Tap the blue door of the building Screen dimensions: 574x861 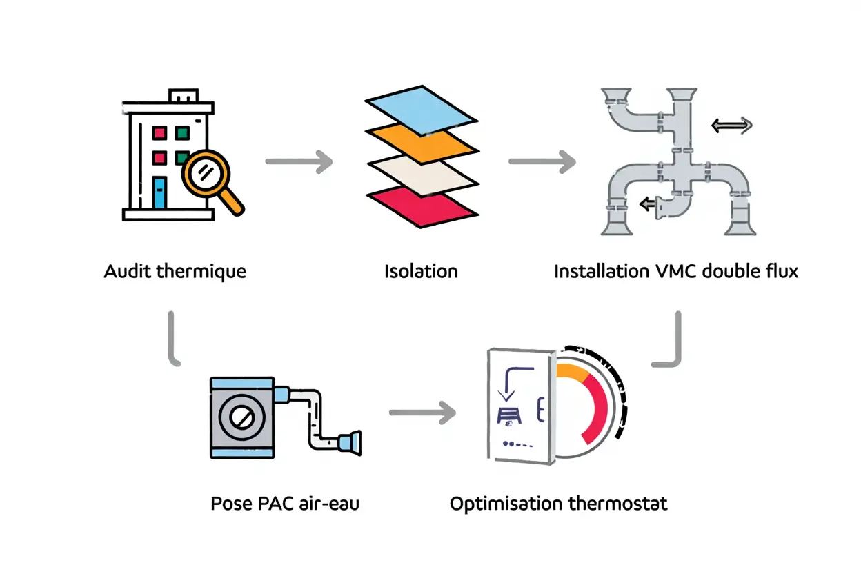159,192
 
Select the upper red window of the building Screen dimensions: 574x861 159,132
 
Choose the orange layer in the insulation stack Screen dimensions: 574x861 421,141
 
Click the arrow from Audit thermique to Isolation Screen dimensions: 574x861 299,162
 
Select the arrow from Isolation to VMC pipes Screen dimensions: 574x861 542,162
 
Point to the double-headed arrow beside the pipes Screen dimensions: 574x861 731,126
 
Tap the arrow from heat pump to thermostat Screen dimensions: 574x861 422,414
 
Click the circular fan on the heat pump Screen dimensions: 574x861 242,418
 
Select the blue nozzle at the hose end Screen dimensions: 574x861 350,443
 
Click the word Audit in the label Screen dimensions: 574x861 128,271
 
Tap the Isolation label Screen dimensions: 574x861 421,271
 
